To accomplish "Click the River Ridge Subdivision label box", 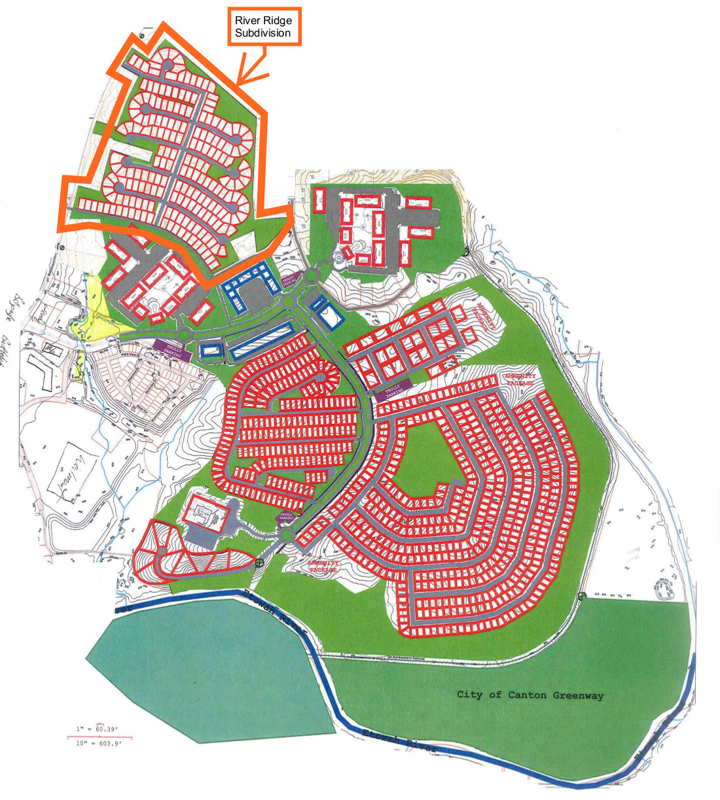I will click(x=264, y=27).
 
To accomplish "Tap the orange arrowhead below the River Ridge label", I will click(x=242, y=81).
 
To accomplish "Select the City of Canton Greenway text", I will click(x=530, y=695).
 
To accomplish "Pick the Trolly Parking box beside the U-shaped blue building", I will click(x=289, y=281).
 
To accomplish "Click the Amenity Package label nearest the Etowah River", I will click(x=324, y=566).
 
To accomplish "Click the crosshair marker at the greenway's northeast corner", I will click(x=582, y=596).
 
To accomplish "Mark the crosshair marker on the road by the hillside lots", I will click(x=260, y=562).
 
